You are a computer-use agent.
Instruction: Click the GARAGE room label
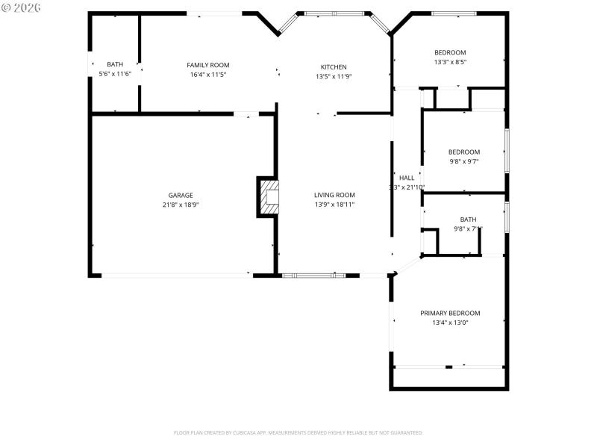181,194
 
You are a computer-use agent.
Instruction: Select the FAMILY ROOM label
208,65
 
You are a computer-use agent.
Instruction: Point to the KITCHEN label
334,67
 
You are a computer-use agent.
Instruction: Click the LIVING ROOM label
334,194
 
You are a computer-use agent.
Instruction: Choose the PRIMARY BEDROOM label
450,313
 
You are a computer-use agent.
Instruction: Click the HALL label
407,178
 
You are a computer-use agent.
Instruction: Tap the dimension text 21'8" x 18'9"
181,204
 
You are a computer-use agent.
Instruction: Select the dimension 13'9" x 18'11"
334,204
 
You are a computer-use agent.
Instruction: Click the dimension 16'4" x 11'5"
208,75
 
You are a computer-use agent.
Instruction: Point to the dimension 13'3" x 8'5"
450,62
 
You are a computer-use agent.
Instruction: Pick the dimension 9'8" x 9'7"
463,161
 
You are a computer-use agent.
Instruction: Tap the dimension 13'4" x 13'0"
450,323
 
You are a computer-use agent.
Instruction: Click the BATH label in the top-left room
115,65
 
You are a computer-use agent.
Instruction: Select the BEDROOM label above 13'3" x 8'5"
450,52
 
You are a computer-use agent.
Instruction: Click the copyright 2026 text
22,7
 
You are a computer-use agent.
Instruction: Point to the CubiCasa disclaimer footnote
298,432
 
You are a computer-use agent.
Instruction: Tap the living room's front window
313,276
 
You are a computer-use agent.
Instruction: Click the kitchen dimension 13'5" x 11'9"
334,77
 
